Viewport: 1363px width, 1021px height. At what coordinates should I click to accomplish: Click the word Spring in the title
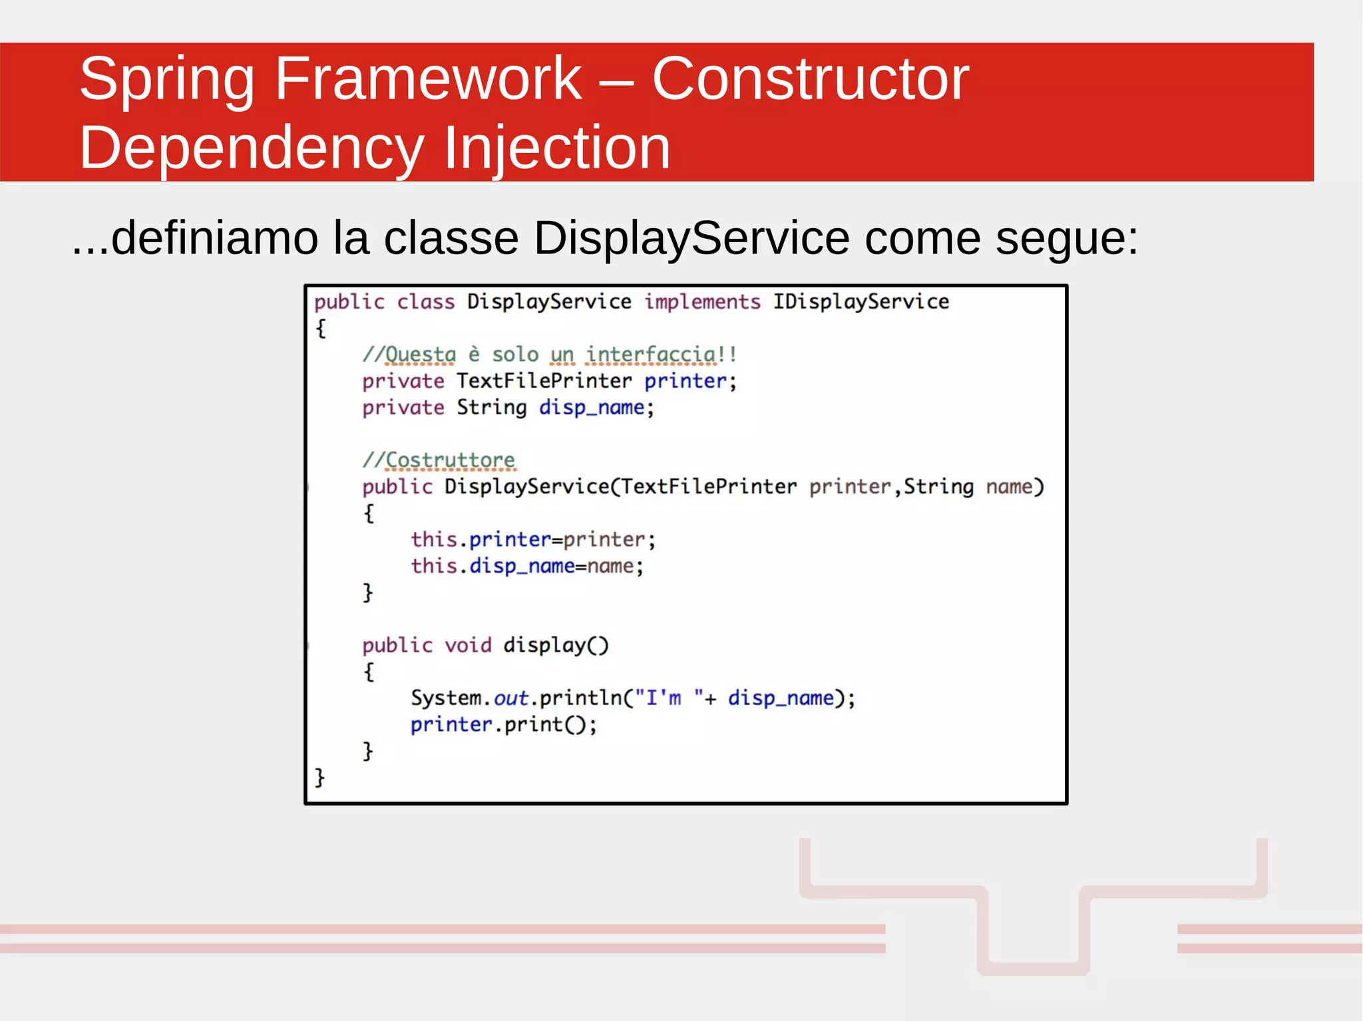click(x=166, y=80)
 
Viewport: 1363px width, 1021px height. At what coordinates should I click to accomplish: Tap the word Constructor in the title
click(x=810, y=80)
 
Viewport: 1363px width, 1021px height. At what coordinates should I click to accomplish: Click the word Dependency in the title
click(x=252, y=148)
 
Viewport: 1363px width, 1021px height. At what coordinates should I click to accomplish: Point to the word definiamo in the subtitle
click(x=214, y=238)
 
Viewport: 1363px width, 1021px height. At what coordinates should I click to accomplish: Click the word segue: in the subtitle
click(x=1067, y=238)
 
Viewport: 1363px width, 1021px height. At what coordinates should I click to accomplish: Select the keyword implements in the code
click(x=702, y=302)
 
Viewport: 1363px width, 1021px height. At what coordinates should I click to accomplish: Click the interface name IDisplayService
click(x=861, y=302)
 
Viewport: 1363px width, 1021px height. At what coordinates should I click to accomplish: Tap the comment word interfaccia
click(x=652, y=355)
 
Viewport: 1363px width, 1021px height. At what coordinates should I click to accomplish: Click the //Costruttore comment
click(x=439, y=460)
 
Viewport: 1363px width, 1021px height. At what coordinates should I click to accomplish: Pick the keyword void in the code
click(x=468, y=645)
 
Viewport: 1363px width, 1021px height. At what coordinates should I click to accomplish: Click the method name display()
click(x=556, y=645)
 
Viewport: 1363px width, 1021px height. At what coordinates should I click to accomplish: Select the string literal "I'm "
click(x=668, y=698)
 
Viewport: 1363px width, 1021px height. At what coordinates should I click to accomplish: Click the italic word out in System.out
click(x=511, y=698)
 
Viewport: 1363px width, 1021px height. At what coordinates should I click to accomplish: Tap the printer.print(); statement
click(x=504, y=724)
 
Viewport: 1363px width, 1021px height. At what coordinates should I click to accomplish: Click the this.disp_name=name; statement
click(x=527, y=566)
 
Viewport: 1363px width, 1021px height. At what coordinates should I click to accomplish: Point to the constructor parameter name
click(x=1009, y=487)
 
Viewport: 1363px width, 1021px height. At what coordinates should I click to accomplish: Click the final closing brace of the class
click(x=319, y=777)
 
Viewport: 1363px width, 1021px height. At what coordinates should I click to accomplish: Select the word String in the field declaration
click(x=491, y=408)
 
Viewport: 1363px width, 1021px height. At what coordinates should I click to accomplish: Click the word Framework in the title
click(x=428, y=80)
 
